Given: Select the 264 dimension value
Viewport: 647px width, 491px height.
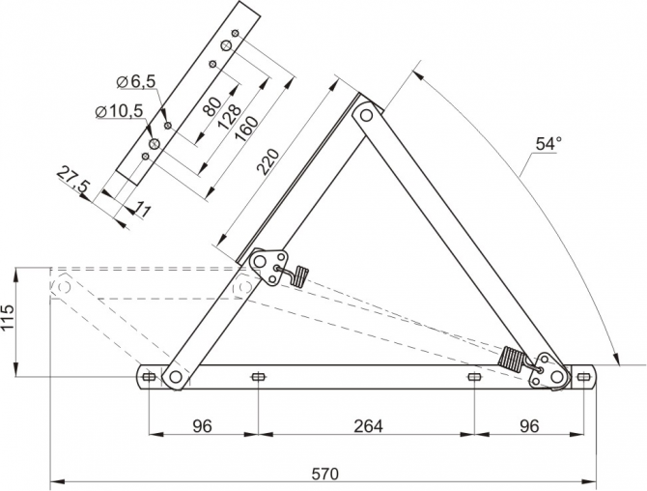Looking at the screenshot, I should click(367, 425).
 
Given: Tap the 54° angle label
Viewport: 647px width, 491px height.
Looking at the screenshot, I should click(548, 143).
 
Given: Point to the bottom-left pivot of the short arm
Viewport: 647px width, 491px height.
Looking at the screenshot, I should click(174, 377).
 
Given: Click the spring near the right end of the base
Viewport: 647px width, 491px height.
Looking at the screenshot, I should click(513, 361).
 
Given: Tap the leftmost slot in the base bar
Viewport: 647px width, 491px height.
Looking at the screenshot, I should click(148, 376).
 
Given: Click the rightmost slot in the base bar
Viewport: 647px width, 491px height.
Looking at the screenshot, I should click(583, 376).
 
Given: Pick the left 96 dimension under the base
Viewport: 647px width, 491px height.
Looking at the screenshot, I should click(202, 425).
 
